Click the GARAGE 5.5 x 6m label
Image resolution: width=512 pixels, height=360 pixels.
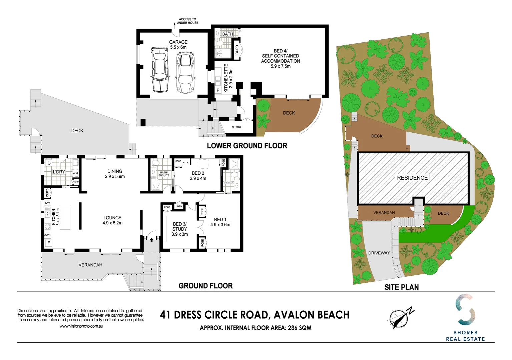(178, 45)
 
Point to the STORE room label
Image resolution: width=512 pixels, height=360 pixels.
(237, 127)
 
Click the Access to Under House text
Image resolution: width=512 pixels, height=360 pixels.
(187, 21)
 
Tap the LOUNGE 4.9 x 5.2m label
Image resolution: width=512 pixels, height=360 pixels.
(112, 220)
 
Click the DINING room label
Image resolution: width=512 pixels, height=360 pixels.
(115, 174)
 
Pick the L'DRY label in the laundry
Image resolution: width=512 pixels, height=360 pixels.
(59, 172)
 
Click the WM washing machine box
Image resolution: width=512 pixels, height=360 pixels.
(75, 173)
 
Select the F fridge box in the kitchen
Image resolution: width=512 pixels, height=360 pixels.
(49, 243)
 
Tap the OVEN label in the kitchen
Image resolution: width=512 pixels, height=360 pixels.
(48, 235)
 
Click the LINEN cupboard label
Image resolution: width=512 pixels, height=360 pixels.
(179, 206)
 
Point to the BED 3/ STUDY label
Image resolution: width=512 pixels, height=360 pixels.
(179, 229)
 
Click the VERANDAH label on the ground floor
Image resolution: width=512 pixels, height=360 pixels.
(90, 265)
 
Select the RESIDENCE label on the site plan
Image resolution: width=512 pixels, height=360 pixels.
(412, 178)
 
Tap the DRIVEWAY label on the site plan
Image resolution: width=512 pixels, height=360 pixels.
(379, 253)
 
